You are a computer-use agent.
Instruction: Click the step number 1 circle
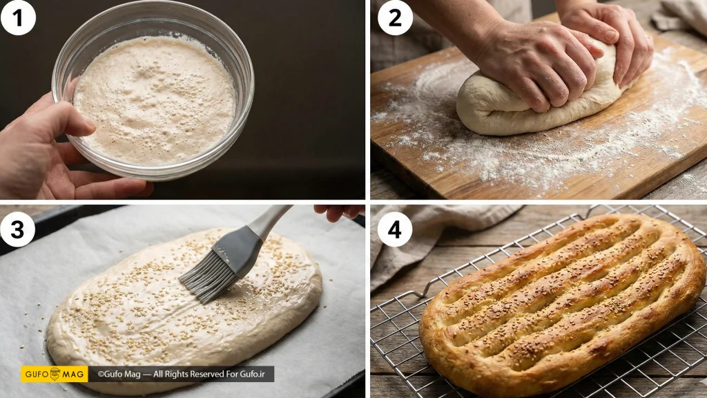(18, 18)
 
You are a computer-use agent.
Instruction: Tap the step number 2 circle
(395, 18)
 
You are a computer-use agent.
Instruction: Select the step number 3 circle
(17, 229)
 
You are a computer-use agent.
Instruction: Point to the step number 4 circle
(395, 229)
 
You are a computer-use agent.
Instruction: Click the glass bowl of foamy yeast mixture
(153, 93)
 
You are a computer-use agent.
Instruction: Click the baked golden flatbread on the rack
(562, 304)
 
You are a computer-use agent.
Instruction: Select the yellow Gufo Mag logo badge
(55, 374)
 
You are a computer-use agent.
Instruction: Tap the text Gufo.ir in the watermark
(253, 374)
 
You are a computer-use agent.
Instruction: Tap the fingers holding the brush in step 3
(338, 211)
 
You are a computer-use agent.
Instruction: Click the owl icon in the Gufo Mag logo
(55, 374)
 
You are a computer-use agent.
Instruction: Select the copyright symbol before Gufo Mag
(101, 374)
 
